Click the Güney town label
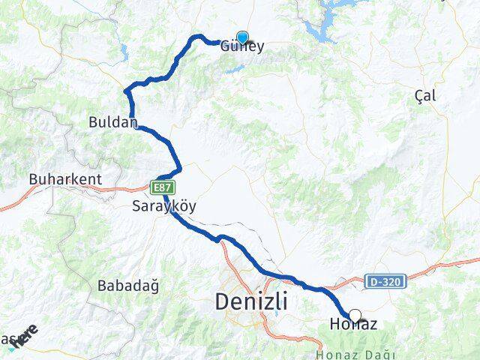click(x=242, y=47)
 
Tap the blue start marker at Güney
click(x=242, y=37)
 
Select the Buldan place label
click(x=112, y=121)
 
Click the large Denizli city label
click(x=251, y=301)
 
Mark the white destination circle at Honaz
click(x=355, y=316)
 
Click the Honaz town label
click(x=352, y=325)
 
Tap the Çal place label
click(x=424, y=95)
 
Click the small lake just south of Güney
click(x=235, y=69)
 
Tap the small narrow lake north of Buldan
click(x=123, y=52)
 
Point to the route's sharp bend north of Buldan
click(x=127, y=91)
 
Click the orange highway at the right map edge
click(x=469, y=261)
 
